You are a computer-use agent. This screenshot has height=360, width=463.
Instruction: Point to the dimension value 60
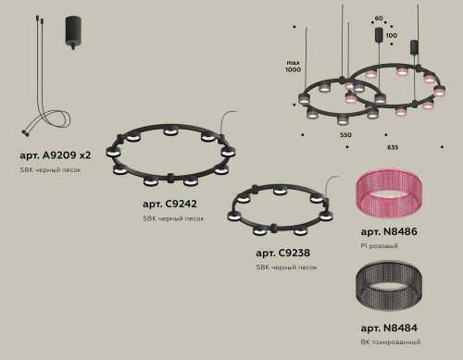(x=378, y=19)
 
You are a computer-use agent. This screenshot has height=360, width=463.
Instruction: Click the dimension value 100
(x=392, y=35)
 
